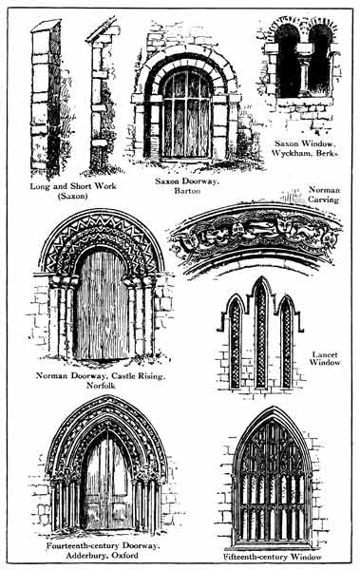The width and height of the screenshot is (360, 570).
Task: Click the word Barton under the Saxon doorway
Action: point(187,191)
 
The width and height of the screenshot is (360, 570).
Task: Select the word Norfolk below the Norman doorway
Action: point(101,386)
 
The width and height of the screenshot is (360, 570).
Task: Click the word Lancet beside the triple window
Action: point(325,354)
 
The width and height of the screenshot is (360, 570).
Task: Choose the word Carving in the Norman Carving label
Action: point(323,199)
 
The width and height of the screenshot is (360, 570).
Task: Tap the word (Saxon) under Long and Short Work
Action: point(73,196)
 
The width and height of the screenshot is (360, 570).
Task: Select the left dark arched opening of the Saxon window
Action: point(287,62)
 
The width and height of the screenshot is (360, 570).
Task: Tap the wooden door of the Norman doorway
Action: point(102,305)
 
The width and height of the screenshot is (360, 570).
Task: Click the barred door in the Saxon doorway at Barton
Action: point(186,115)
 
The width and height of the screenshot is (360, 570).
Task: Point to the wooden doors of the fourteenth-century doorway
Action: point(107,484)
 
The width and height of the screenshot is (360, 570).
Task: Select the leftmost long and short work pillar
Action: point(46,98)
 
